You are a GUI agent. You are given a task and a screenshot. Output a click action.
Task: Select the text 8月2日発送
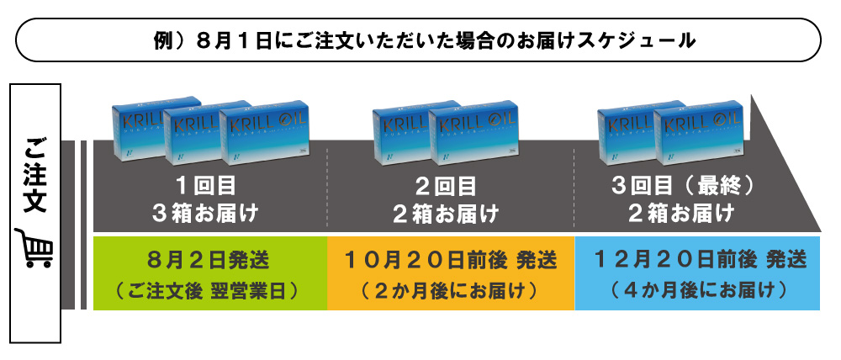tap(209, 259)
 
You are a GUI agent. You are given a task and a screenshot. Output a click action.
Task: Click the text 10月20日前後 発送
tap(450, 259)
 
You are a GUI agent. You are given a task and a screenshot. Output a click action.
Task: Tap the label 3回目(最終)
tap(681, 185)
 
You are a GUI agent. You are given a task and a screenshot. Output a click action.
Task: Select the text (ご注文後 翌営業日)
tap(209, 292)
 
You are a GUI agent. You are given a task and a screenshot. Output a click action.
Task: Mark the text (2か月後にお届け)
tap(450, 292)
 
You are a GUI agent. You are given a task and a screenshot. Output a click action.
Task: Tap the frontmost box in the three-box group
tap(262, 136)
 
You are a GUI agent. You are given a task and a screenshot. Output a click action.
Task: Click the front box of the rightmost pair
tap(697, 136)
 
